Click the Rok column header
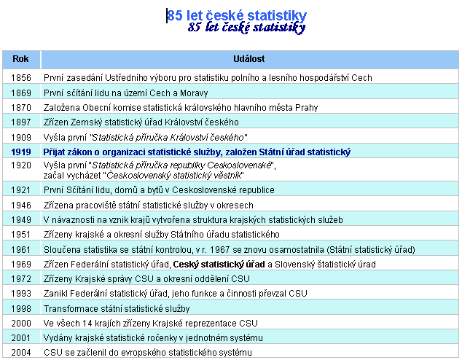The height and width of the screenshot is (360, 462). click(21, 58)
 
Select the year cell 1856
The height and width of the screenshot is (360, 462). click(21, 77)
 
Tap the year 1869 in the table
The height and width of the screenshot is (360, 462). click(21, 93)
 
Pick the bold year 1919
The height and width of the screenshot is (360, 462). click(21, 152)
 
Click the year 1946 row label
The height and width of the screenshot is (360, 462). click(21, 205)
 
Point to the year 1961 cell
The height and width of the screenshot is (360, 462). click(21, 249)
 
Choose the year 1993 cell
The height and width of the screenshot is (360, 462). click(21, 293)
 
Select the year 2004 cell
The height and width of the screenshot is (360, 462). click(21, 352)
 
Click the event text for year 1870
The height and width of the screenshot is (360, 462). click(181, 107)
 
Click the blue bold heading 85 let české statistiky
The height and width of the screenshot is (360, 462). click(237, 15)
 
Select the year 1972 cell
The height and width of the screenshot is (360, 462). click(21, 278)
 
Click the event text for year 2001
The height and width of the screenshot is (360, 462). click(152, 337)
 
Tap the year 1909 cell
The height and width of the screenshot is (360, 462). click(21, 136)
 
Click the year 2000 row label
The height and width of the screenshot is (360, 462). click(21, 323)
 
